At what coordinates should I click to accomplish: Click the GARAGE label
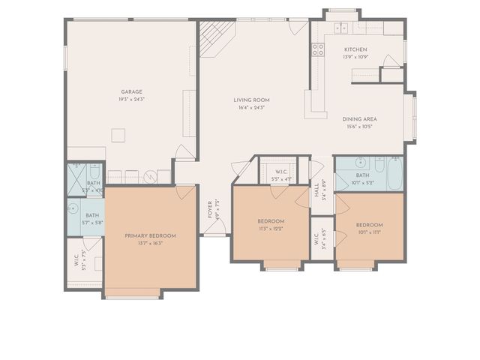[132, 92]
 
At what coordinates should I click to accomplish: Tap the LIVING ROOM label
[251, 100]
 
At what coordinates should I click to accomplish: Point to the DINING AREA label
[360, 119]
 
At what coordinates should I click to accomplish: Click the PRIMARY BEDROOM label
[150, 236]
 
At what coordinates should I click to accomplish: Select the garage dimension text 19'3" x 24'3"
[132, 100]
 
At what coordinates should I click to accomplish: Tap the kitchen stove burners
[318, 50]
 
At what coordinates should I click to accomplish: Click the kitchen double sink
[342, 28]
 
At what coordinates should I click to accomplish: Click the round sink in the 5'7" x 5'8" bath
[74, 209]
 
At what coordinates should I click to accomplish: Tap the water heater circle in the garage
[150, 178]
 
